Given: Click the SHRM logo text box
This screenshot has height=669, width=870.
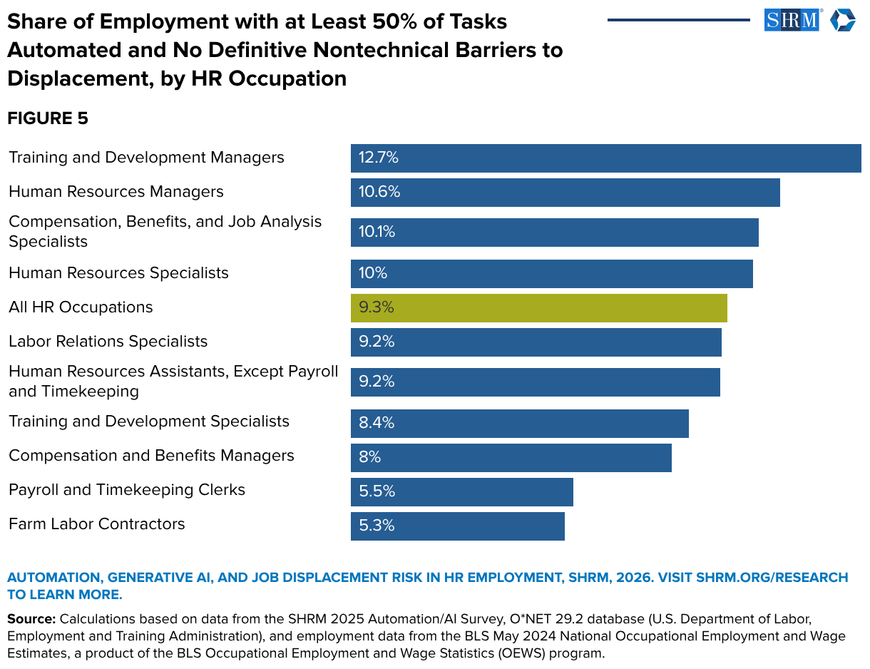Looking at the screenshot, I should (792, 20).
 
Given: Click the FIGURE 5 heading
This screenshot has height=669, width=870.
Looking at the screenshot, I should (48, 118).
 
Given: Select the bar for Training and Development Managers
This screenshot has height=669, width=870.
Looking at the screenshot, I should (605, 158).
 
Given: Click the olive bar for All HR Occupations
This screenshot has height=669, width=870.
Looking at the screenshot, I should (538, 308).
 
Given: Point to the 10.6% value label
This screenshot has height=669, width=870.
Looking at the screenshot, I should (379, 193).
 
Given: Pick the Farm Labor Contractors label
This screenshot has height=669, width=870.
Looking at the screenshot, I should (97, 524).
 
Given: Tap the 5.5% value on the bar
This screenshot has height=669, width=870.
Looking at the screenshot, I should (377, 491).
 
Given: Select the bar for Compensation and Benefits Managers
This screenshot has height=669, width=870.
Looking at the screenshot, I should (511, 457).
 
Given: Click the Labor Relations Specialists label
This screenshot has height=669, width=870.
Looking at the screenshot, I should (108, 342).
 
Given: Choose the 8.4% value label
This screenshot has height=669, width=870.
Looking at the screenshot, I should (377, 423).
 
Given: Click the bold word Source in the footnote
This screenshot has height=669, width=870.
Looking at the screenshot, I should (31, 618).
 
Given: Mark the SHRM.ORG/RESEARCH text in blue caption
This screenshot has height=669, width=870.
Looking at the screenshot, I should (772, 577).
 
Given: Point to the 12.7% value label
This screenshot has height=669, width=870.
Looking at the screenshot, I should (378, 158).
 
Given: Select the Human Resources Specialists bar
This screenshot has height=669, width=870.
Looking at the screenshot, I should (551, 274).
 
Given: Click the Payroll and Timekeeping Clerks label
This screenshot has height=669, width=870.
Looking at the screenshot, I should (127, 490).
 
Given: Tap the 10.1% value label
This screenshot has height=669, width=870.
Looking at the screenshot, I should (377, 233).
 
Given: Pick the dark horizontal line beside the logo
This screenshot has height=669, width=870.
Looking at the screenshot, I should (678, 20).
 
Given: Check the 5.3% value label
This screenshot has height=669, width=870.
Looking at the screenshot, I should (377, 526).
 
